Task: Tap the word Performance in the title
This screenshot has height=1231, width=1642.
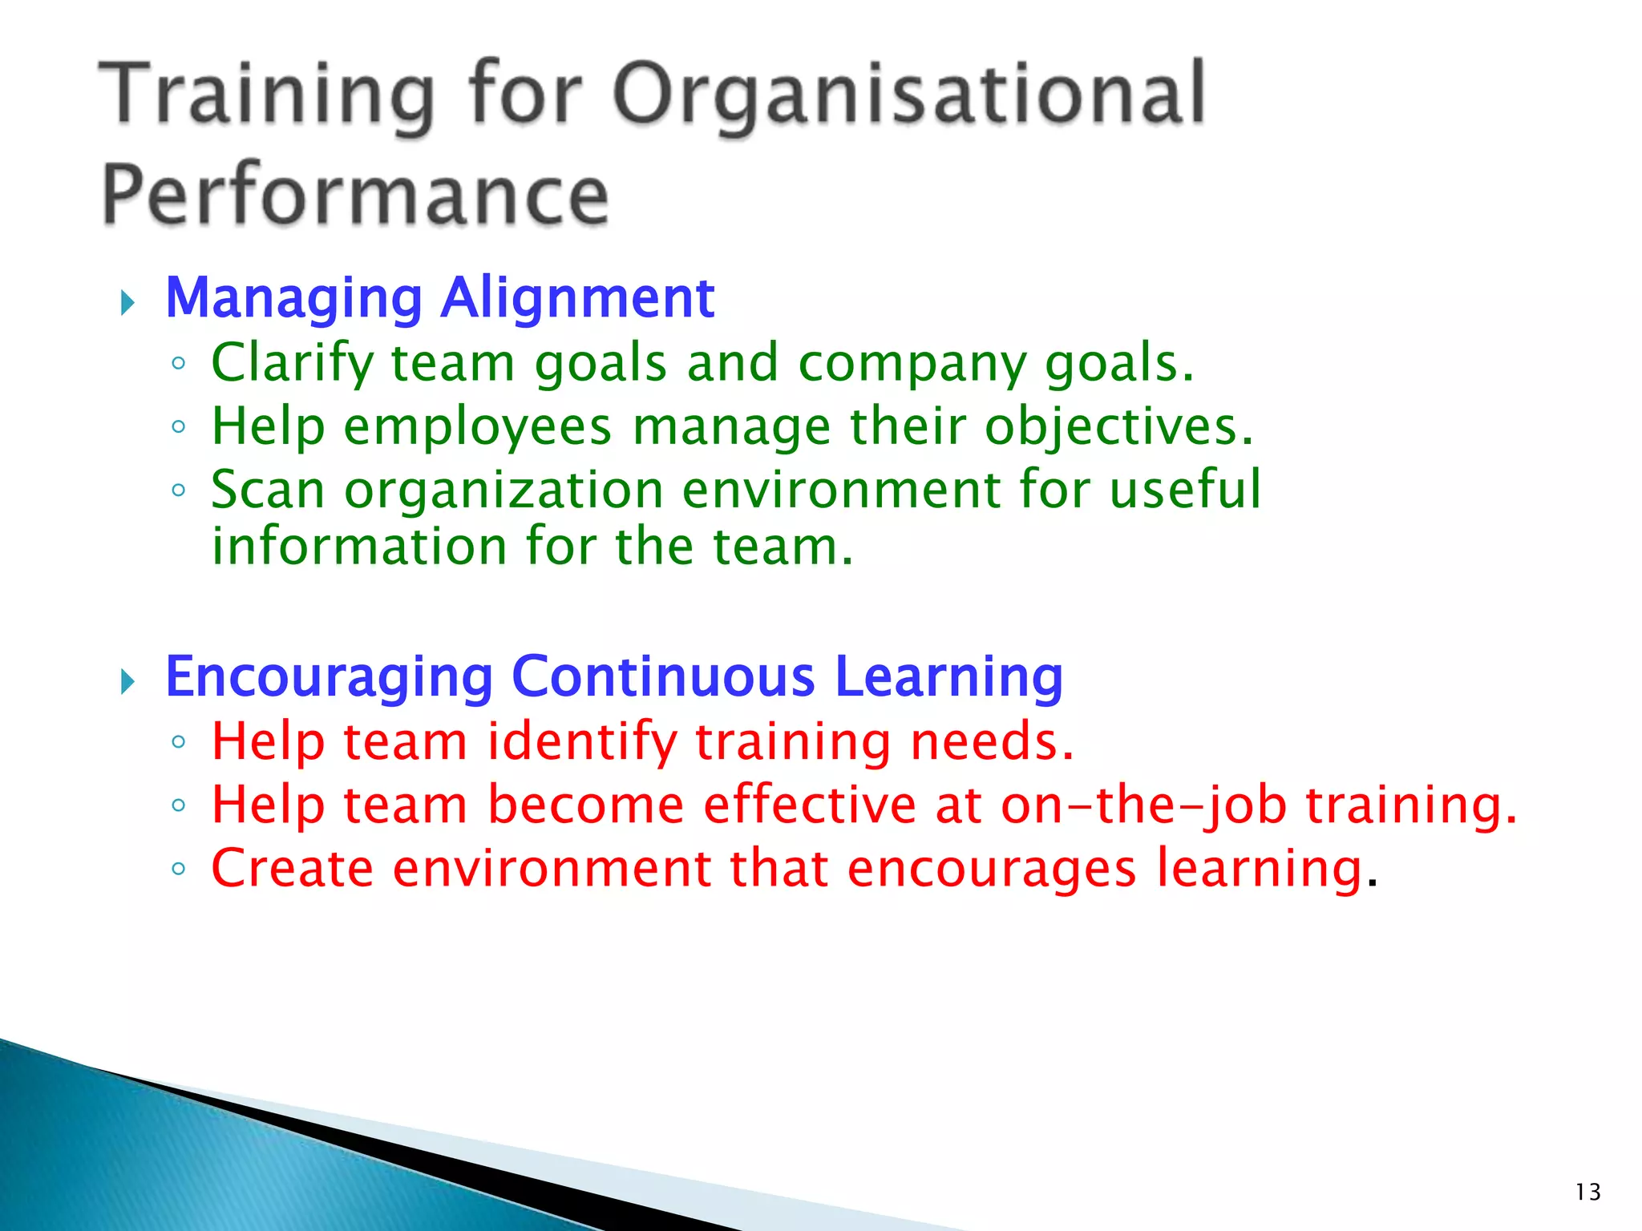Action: point(355,195)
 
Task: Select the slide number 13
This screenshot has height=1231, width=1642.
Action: point(1587,1193)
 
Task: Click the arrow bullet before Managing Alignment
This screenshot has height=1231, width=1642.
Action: point(127,303)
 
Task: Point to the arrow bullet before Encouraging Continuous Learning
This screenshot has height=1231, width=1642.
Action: point(127,682)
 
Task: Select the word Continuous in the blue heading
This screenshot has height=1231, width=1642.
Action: point(663,677)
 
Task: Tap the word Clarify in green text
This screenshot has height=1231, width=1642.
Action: point(292,363)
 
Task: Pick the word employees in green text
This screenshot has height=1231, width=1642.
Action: point(478,426)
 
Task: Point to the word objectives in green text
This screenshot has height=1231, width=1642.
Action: point(1118,426)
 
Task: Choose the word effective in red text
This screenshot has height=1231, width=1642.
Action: point(809,805)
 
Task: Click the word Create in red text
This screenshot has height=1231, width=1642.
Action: point(292,869)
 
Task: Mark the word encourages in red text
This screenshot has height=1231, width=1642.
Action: point(991,870)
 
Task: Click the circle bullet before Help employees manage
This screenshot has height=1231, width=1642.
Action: point(179,426)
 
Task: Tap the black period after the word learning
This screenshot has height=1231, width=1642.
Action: point(1372,885)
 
